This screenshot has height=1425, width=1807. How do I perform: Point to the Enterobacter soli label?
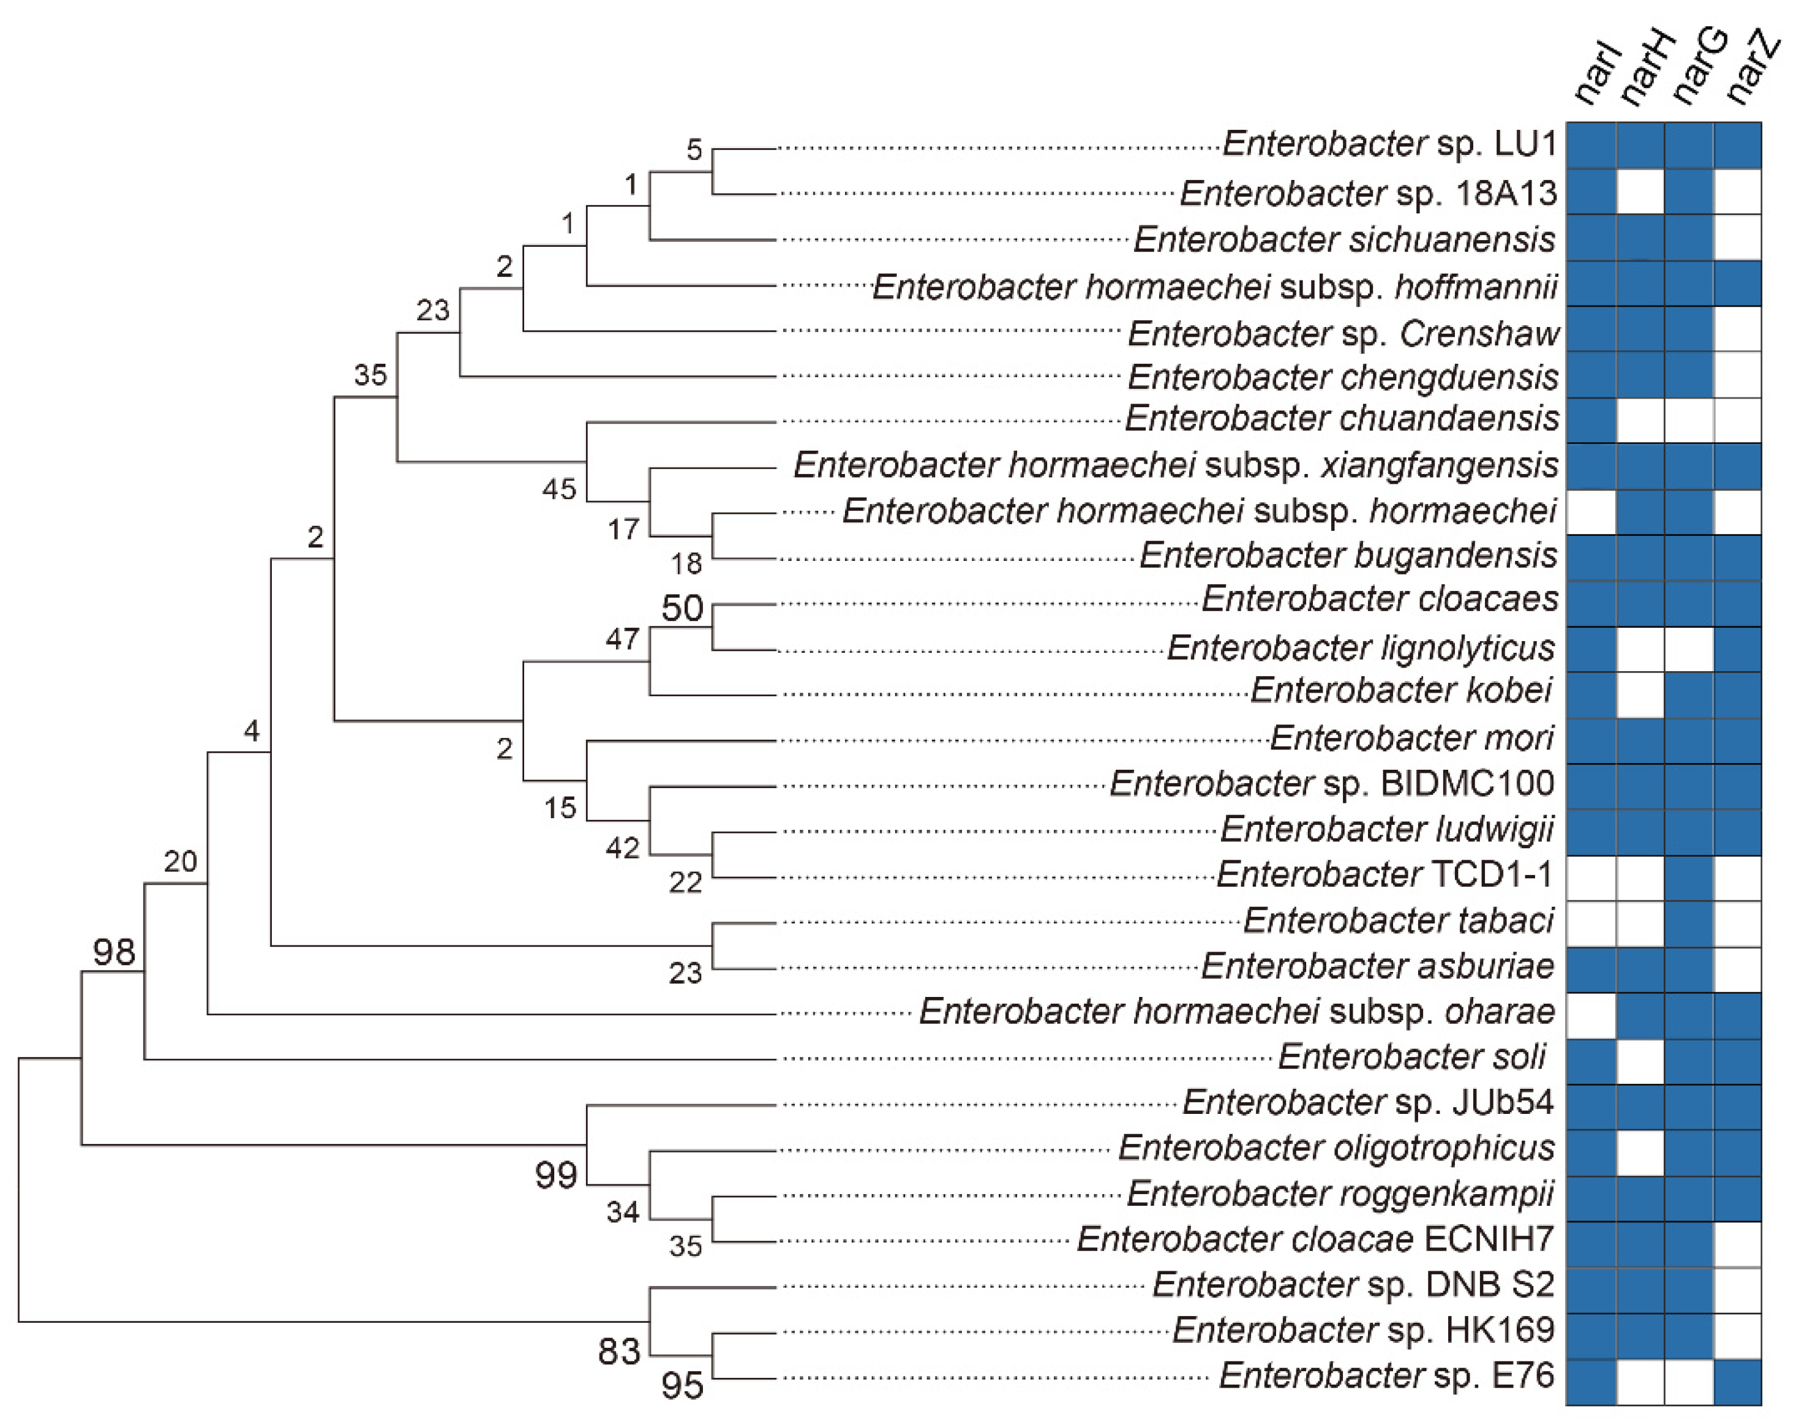[1411, 1056]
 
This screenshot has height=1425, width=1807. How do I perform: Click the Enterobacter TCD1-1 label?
[1385, 874]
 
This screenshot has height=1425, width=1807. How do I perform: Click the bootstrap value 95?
[682, 1386]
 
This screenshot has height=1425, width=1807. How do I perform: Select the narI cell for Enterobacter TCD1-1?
[1591, 879]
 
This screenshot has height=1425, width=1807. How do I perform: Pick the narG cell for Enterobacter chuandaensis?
[1689, 421]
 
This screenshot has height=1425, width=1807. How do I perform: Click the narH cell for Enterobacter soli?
[1640, 1061]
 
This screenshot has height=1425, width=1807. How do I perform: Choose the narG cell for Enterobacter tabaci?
[1689, 923]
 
